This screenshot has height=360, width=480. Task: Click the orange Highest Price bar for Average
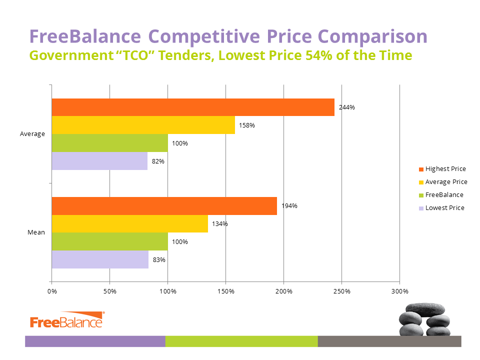pyautogui.click(x=193, y=107)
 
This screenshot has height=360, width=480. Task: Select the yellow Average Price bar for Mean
pyautogui.click(x=130, y=224)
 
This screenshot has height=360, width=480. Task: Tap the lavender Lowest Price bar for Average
pyautogui.click(x=100, y=161)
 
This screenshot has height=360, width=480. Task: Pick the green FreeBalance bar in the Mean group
pyautogui.click(x=110, y=241)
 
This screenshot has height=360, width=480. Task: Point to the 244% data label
pyautogui.click(x=347, y=107)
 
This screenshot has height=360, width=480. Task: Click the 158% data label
pyautogui.click(x=246, y=125)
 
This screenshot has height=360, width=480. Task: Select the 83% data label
pyautogui.click(x=159, y=260)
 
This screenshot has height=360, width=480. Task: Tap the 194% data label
pyautogui.click(x=289, y=206)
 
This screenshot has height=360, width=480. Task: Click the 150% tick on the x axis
pyautogui.click(x=226, y=291)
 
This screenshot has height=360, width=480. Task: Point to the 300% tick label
pyautogui.click(x=400, y=291)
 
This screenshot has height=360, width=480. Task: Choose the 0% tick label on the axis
pyautogui.click(x=52, y=291)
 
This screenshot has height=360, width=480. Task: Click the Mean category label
pyautogui.click(x=36, y=232)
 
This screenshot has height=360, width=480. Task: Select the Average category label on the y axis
pyautogui.click(x=32, y=134)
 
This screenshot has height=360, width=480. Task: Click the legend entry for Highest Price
pyautogui.click(x=442, y=169)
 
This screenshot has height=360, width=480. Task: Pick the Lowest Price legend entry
pyautogui.click(x=441, y=208)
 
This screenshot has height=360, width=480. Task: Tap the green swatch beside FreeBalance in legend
pyautogui.click(x=421, y=195)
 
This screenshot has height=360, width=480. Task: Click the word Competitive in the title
pyautogui.click(x=204, y=36)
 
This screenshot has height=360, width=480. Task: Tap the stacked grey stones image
pyautogui.click(x=424, y=319)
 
